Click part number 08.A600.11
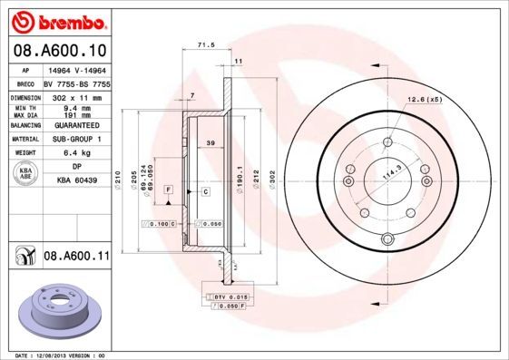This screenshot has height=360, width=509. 76,257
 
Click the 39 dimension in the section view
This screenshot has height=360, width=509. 210,143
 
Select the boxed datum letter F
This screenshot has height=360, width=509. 169,187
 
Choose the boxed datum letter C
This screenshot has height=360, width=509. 206,192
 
